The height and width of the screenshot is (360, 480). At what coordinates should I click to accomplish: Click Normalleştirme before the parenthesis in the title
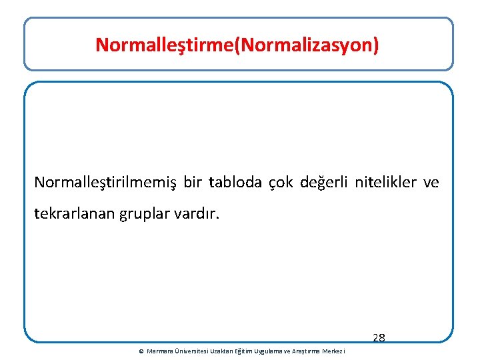click(x=165, y=45)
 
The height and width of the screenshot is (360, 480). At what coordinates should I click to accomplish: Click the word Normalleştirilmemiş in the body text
click(x=105, y=182)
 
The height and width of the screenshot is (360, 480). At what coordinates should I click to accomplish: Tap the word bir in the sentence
click(x=192, y=182)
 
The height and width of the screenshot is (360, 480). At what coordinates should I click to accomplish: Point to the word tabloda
click(x=235, y=182)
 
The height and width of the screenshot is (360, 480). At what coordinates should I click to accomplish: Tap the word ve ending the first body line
click(x=431, y=182)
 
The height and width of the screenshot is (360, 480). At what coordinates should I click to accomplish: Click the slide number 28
click(x=379, y=338)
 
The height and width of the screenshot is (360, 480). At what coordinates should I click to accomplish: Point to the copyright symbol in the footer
click(x=141, y=351)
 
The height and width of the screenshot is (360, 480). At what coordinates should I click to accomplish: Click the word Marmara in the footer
click(x=159, y=351)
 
